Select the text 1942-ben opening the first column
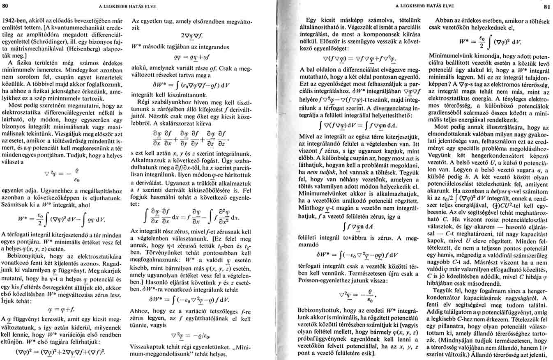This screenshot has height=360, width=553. point(15,20)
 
